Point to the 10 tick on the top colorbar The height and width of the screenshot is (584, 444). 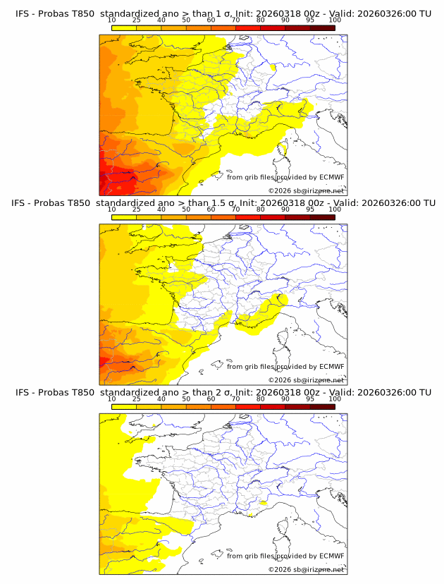[112, 21]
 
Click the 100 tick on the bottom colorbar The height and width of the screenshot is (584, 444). [335, 399]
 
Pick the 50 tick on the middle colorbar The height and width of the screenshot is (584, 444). [186, 210]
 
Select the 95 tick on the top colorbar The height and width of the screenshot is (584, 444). [310, 21]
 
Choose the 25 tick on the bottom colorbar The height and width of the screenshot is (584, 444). [137, 399]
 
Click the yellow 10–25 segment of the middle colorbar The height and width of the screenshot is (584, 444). [124, 218]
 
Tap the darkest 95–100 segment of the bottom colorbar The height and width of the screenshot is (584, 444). [322, 407]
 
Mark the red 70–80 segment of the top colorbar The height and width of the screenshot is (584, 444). [248, 29]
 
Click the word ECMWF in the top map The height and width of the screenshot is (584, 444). [331, 178]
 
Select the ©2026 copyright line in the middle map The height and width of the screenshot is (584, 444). [306, 380]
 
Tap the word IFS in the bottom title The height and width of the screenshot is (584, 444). [23, 392]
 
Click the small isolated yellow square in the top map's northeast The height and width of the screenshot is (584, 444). [273, 67]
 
